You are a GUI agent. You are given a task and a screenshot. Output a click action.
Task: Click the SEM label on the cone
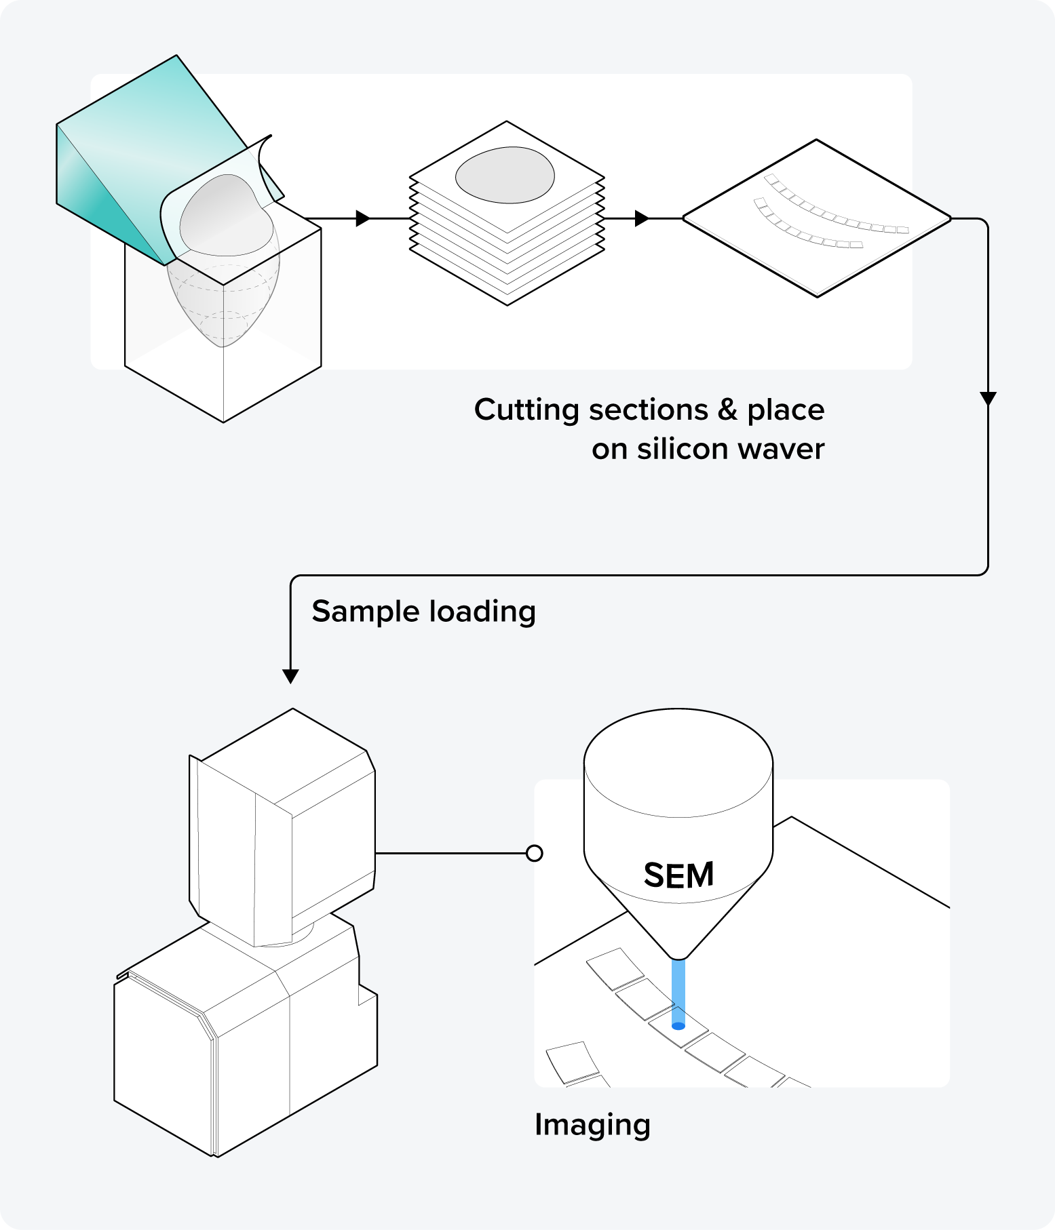[678, 875]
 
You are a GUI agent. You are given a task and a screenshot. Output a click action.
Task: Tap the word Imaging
[592, 1125]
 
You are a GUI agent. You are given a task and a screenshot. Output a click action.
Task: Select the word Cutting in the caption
[526, 410]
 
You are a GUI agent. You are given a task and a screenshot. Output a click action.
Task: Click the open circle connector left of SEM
[535, 853]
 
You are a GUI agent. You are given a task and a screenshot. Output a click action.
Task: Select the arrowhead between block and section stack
[363, 218]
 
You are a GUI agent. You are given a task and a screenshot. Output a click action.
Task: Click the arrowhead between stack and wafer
[641, 218]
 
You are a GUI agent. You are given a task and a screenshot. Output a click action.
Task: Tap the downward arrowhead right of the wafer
[988, 398]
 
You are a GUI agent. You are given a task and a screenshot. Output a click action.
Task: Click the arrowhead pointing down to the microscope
[290, 676]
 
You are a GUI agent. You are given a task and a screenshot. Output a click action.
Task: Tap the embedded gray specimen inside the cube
[224, 305]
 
